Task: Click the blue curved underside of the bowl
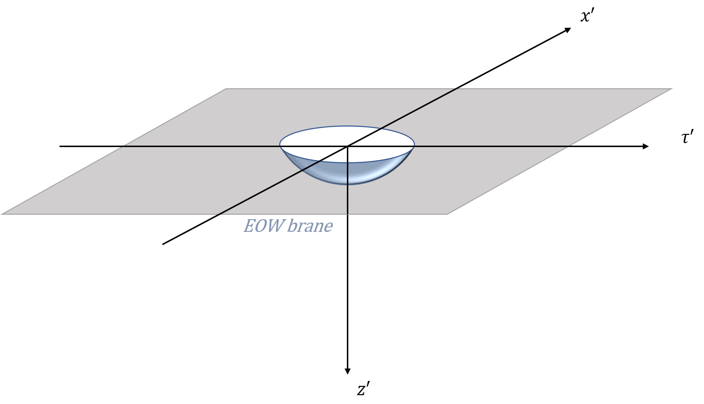coord(372,172)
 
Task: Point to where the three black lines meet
coord(347,146)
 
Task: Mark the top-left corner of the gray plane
coord(226,89)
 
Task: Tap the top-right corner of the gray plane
coord(673,89)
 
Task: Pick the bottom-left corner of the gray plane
coord(1,214)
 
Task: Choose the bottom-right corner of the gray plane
coord(448,214)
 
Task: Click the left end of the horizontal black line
coord(122,146)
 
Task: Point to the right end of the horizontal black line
coord(571,146)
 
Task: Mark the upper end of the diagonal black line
coord(458,89)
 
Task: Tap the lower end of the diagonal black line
coord(218,214)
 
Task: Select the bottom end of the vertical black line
coord(347,214)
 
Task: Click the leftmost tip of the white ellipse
coord(280,145)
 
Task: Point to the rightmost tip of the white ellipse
coord(414,145)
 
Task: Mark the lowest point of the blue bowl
coord(347,184)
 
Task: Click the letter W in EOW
coord(275,226)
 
